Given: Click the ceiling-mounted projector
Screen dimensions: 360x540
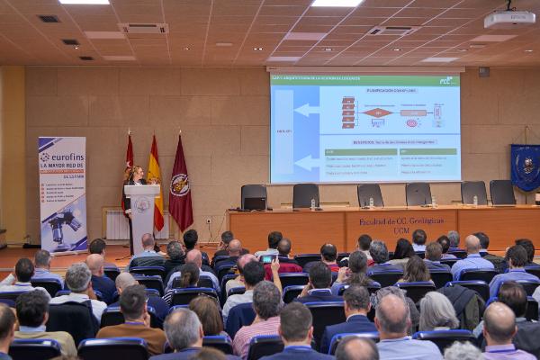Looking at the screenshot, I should [x=508, y=18].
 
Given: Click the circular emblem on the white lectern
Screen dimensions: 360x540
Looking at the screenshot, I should [x=142, y=205].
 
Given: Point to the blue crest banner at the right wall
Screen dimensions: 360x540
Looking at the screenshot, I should [x=525, y=167].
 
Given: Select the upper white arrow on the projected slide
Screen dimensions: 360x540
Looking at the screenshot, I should [x=306, y=110].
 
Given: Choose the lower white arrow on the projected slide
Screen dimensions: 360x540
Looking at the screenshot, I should [x=306, y=162].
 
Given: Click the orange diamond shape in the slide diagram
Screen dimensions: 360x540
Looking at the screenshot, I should [x=378, y=112].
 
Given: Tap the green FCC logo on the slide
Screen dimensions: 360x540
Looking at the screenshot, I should [x=445, y=81].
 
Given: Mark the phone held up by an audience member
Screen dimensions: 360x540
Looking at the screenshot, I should [x=268, y=258].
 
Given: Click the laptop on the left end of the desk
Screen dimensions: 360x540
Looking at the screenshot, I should [x=255, y=197].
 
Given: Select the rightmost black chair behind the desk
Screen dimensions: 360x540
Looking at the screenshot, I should [x=502, y=192].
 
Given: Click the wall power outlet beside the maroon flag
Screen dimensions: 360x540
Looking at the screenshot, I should [x=209, y=220].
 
